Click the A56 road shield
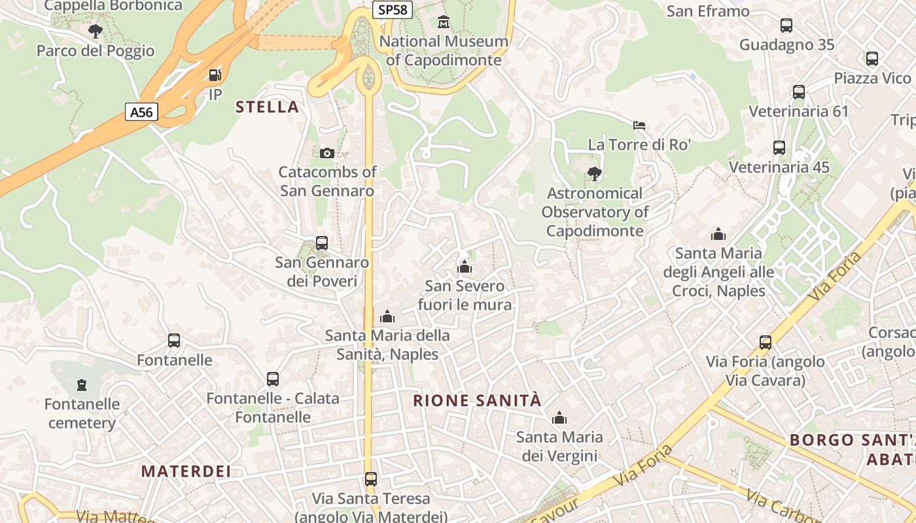tap(141, 112)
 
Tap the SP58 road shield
tap(393, 10)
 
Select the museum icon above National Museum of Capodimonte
tap(444, 22)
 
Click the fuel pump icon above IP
tap(215, 75)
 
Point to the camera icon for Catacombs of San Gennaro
tap(327, 153)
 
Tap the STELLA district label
tap(267, 107)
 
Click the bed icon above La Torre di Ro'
tap(639, 125)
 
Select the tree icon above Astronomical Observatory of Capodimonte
tap(595, 174)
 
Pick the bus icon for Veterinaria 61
tap(798, 92)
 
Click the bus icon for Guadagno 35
tap(786, 25)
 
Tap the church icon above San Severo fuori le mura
tap(465, 267)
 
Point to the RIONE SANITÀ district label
tap(478, 400)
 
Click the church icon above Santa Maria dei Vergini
tap(559, 418)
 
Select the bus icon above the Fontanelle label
tap(174, 341)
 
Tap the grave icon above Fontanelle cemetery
tap(82, 385)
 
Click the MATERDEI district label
tap(186, 471)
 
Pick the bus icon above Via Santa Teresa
tap(371, 479)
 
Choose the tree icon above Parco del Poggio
tap(96, 31)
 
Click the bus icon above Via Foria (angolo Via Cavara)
tap(765, 343)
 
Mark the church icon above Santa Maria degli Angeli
tap(718, 234)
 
